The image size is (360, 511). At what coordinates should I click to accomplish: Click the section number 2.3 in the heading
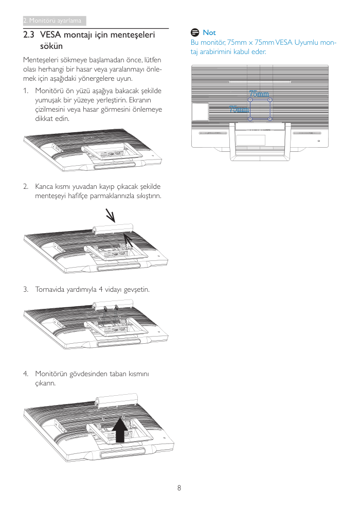[x=29, y=35]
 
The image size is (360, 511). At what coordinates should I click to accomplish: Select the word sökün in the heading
[x=51, y=46]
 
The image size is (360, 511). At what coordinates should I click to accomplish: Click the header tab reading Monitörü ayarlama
[x=54, y=21]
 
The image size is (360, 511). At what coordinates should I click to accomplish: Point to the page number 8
[x=179, y=488]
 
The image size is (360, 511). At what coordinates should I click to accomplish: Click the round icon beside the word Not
[x=194, y=32]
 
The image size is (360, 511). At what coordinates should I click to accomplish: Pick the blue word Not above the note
[x=209, y=32]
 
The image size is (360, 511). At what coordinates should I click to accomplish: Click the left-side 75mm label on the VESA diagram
[x=239, y=109]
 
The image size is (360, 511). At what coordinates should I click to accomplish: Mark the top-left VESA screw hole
[x=250, y=100]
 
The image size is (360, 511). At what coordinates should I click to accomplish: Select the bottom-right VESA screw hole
[x=269, y=119]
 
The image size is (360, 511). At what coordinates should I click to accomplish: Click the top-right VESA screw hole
[x=269, y=100]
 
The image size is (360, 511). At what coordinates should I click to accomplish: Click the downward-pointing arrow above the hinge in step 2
[x=110, y=215]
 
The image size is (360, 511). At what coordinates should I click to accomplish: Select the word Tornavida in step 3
[x=50, y=289]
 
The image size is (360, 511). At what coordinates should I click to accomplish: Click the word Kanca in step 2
[x=44, y=186]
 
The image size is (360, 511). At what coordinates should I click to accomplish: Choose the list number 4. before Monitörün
[x=25, y=374]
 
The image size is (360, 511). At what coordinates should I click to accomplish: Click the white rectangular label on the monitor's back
[x=200, y=112]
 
